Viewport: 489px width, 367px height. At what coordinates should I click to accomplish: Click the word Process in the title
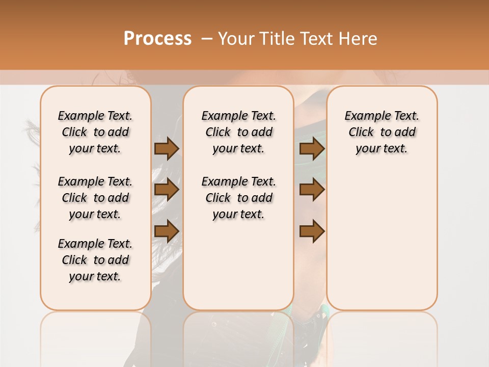[157, 39]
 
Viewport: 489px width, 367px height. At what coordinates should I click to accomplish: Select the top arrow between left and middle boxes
[167, 148]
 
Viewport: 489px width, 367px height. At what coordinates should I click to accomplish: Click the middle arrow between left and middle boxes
[167, 190]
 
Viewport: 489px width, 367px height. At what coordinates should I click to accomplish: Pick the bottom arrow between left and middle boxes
[167, 231]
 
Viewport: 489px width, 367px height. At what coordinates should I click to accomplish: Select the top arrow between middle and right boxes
[312, 148]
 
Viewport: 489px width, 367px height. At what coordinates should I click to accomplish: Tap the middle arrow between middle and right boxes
[312, 190]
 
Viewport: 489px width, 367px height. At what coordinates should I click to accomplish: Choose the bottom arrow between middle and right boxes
[312, 231]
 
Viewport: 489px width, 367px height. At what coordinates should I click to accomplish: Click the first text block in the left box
[95, 132]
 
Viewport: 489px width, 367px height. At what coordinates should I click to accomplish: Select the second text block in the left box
[95, 198]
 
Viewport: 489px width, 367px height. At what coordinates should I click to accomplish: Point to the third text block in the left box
[95, 260]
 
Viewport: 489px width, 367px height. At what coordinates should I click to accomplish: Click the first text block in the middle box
[238, 132]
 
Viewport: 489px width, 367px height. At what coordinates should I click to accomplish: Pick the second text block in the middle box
[238, 198]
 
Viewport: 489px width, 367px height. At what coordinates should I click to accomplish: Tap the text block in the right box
[382, 132]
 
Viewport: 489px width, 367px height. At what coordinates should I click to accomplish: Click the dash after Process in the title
[207, 39]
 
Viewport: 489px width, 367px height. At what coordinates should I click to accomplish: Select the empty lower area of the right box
[382, 240]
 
